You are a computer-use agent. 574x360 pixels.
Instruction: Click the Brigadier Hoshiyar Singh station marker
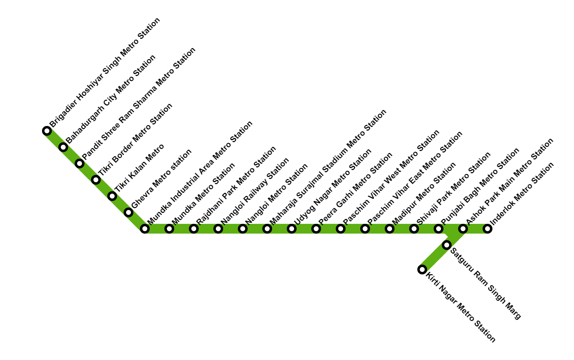click(x=47, y=131)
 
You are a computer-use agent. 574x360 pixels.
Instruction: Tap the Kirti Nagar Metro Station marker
click(x=422, y=269)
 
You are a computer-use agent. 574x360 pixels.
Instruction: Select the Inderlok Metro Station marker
click(x=488, y=229)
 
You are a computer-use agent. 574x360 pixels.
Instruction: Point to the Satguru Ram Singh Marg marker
click(x=447, y=245)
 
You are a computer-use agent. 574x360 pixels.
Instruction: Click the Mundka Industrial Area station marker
click(x=145, y=229)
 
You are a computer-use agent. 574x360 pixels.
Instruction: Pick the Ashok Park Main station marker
click(x=463, y=229)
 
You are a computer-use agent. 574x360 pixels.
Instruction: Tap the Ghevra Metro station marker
click(x=129, y=212)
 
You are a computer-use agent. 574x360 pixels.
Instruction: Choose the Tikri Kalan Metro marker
click(x=112, y=196)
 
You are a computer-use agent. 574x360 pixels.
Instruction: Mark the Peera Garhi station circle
click(x=316, y=229)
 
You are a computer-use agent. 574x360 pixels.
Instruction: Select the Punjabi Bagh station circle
click(x=439, y=229)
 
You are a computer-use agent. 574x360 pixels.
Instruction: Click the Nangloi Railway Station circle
click(x=218, y=229)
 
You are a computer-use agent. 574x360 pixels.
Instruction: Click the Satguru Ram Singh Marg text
click(x=485, y=283)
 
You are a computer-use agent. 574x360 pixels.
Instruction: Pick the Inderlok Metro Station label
click(x=522, y=194)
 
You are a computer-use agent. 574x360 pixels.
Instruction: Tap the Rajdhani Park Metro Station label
click(x=236, y=186)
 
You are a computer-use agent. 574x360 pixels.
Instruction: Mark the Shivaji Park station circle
click(x=414, y=229)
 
